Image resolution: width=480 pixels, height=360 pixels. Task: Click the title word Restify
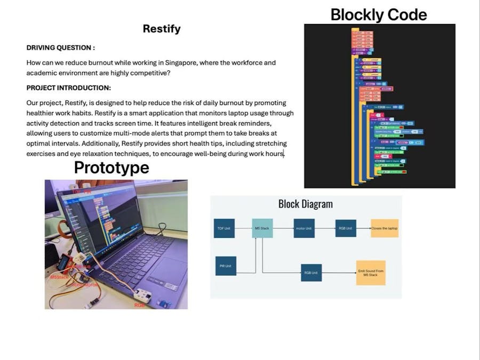coord(162,29)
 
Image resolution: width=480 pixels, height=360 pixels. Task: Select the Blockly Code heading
coord(379,14)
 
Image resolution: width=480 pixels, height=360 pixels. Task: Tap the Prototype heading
coord(111,167)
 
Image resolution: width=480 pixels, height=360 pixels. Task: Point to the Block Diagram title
coord(305,204)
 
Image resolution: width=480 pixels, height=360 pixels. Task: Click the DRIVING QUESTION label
coord(61,47)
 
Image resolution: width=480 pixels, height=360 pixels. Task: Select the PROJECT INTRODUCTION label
coord(69,87)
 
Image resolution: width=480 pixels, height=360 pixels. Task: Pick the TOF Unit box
coord(224,228)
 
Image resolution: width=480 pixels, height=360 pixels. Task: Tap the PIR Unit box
coord(226,266)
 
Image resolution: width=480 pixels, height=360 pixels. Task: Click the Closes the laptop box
coord(385,228)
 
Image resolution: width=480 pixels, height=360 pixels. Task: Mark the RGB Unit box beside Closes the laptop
coord(346,228)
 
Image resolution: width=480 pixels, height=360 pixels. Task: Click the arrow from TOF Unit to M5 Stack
coord(243,228)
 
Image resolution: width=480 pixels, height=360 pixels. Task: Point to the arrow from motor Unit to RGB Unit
coord(325,228)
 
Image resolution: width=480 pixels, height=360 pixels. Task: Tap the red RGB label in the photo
coord(140,305)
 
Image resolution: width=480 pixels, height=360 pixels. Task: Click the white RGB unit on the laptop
coord(143,294)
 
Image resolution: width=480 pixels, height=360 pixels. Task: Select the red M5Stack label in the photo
coord(59,277)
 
